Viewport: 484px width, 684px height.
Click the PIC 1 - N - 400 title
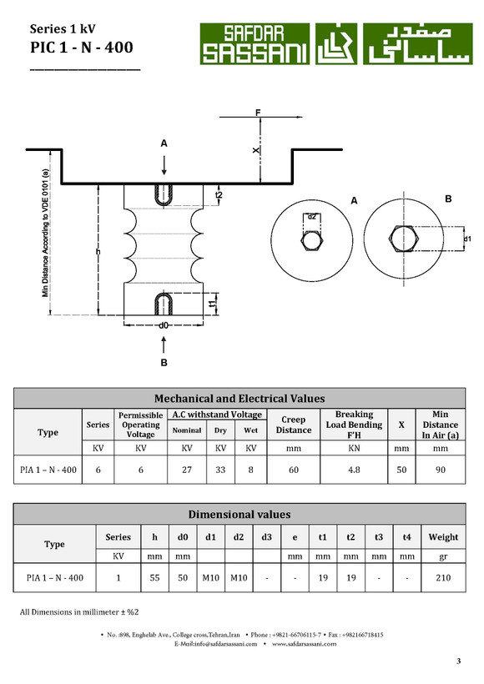click(82, 47)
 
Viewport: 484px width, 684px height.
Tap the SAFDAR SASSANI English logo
click(255, 43)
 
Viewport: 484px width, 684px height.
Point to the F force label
click(258, 113)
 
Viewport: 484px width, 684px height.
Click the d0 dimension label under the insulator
click(164, 325)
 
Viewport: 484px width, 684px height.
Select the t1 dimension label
click(213, 303)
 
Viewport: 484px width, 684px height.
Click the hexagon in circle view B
click(404, 239)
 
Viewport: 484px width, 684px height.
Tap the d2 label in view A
click(311, 216)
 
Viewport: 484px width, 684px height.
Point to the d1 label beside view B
click(467, 239)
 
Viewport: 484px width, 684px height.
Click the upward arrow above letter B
click(164, 345)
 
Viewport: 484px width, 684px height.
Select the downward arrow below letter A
click(164, 165)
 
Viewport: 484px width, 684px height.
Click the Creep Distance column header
click(293, 425)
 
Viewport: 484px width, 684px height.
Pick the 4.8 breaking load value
click(354, 470)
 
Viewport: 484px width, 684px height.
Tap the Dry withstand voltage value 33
click(220, 470)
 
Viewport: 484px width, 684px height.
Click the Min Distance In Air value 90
click(441, 470)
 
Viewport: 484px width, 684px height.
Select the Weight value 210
click(443, 577)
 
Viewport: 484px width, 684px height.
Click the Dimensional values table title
click(239, 515)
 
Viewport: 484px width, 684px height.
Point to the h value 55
click(154, 577)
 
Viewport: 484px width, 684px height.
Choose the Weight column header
click(443, 537)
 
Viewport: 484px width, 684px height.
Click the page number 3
click(459, 661)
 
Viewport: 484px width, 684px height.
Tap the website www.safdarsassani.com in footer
click(305, 644)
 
